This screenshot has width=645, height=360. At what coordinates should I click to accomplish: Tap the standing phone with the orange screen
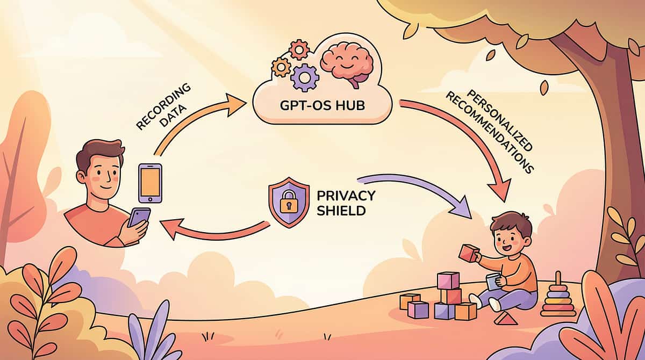[x=150, y=183]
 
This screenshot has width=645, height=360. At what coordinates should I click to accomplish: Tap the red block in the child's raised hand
[x=469, y=253]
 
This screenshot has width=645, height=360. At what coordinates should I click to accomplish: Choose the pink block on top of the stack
[x=448, y=280]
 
